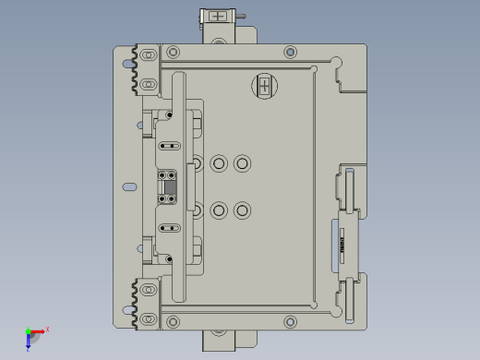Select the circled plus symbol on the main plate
click(265, 87)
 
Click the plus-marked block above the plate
click(218, 17)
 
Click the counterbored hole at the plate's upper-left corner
click(173, 52)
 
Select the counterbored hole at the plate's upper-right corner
click(290, 52)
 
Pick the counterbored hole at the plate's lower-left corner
click(173, 321)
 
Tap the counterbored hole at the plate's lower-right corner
click(290, 321)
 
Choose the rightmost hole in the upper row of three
click(242, 163)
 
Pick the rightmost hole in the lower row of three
click(242, 210)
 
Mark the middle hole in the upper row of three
click(219, 163)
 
